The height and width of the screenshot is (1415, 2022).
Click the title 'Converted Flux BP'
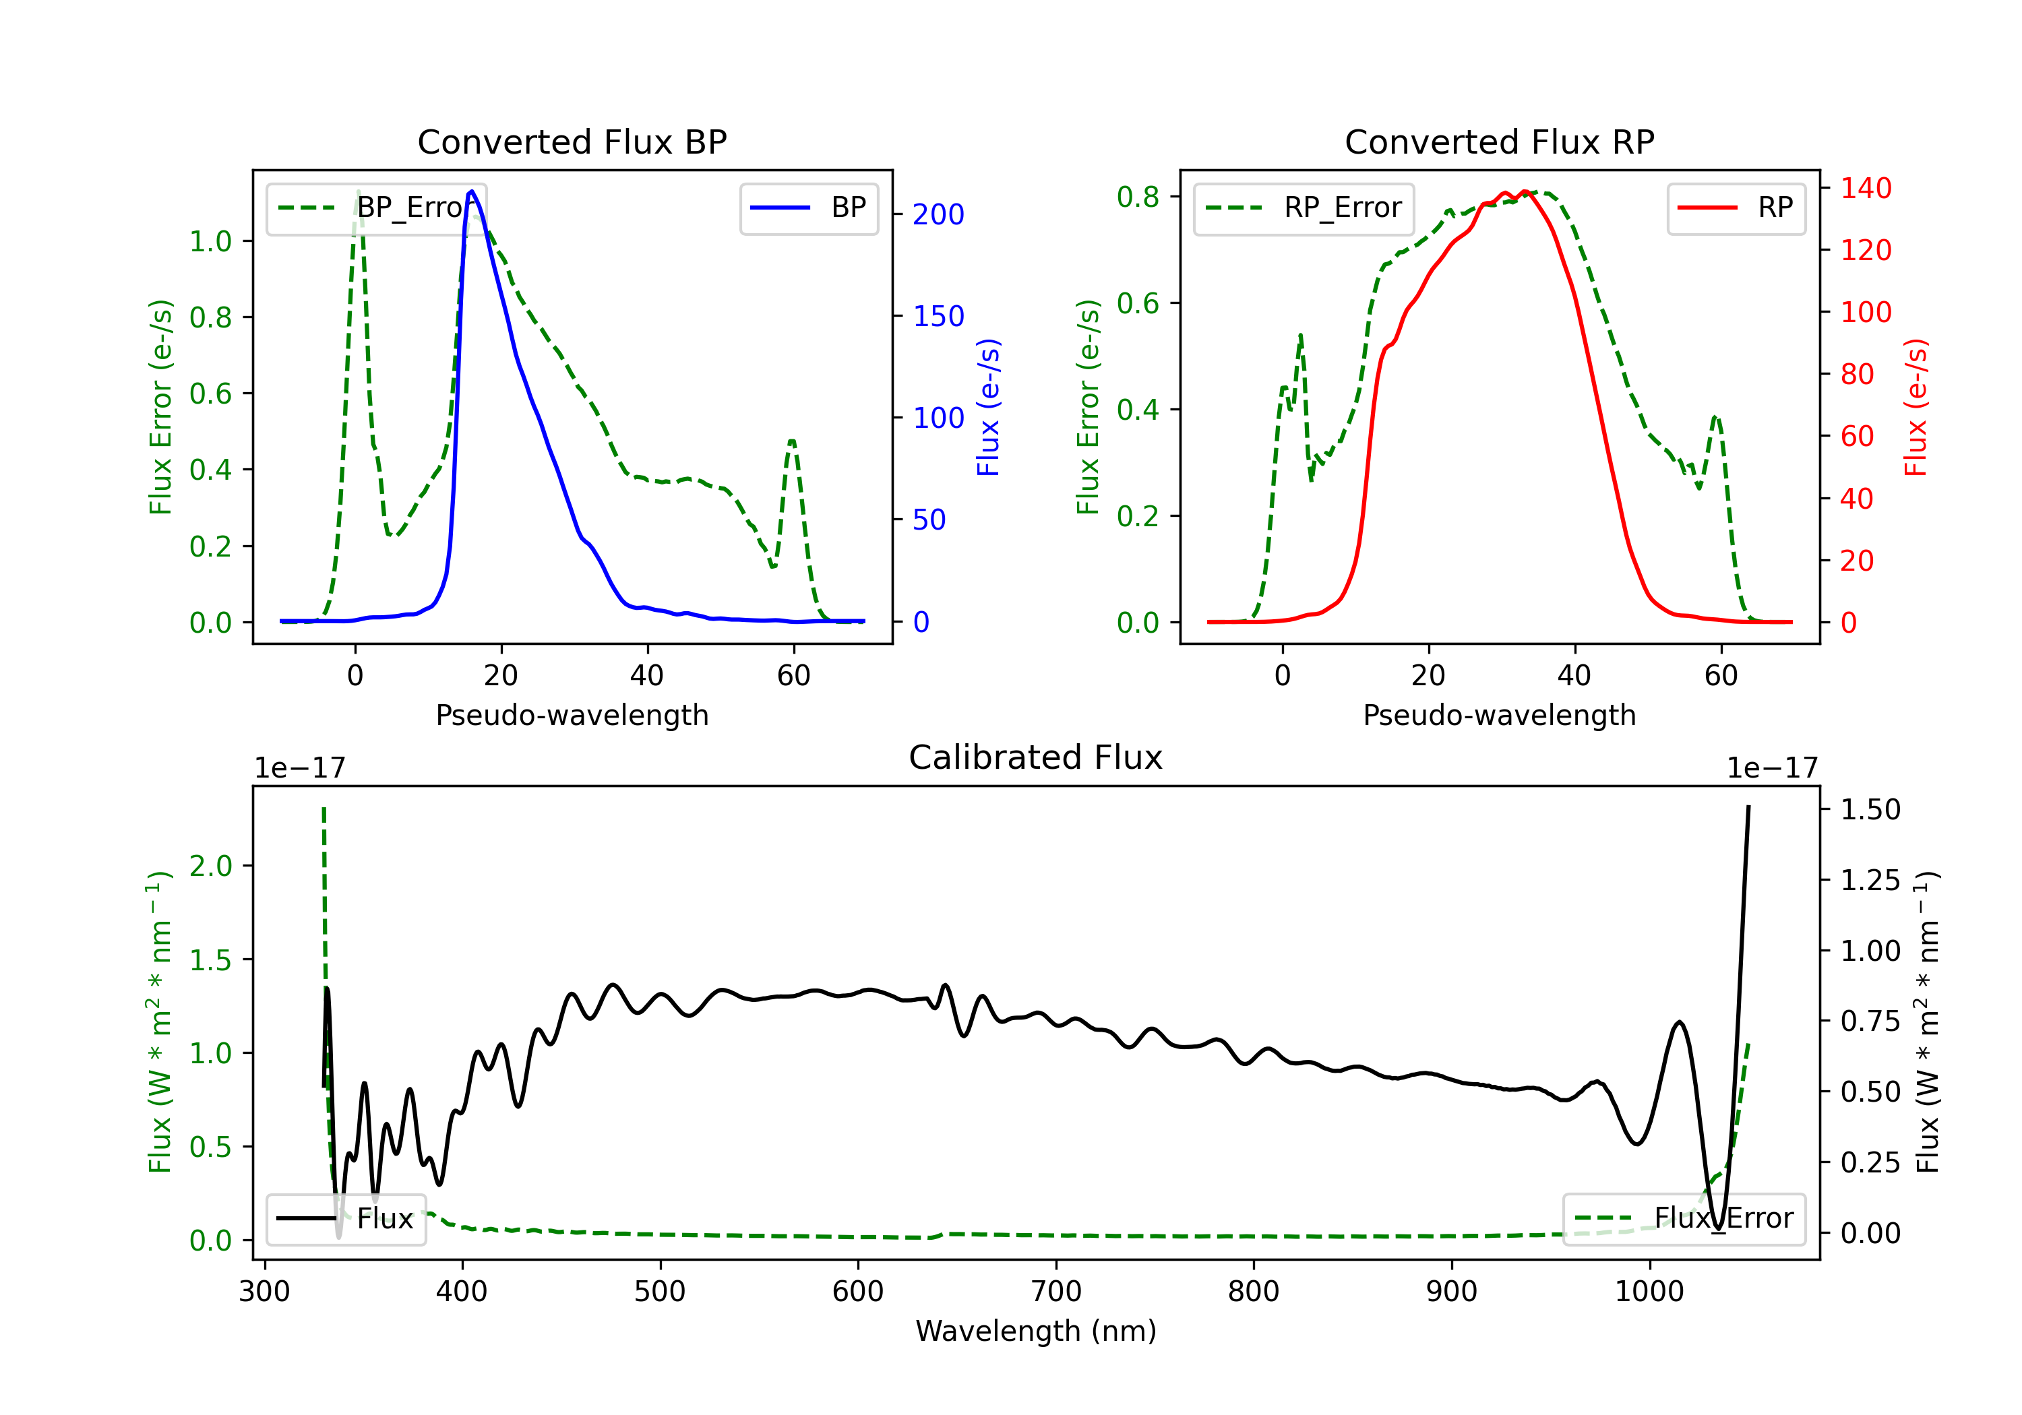[572, 141]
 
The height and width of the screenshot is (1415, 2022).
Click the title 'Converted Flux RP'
[1500, 141]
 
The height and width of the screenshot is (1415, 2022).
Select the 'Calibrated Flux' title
[1036, 757]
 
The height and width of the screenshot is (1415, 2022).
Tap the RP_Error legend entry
[1304, 208]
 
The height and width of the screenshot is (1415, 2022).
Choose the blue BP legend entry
[809, 208]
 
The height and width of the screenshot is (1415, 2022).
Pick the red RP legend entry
[1736, 208]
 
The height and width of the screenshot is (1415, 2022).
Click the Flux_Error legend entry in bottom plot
[1684, 1219]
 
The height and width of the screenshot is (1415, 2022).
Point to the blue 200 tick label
[939, 214]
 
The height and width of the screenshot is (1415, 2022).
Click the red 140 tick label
[1866, 189]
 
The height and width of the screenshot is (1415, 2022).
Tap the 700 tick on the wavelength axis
[1056, 1292]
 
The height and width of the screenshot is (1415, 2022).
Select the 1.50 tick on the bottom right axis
[1870, 809]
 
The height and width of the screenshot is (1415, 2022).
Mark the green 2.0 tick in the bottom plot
[210, 866]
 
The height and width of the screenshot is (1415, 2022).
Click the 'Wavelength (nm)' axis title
[1036, 1331]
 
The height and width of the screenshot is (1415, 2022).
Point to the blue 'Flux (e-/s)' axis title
[989, 407]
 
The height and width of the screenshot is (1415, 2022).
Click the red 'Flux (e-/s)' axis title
[1916, 407]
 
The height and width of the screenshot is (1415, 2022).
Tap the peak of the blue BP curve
[472, 191]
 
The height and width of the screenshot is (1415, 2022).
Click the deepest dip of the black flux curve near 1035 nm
[1717, 1228]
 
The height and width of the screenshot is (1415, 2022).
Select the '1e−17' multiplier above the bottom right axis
[1772, 769]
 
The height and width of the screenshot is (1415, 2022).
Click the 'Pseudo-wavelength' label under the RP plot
[1500, 715]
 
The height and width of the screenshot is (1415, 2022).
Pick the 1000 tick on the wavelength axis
[1649, 1292]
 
